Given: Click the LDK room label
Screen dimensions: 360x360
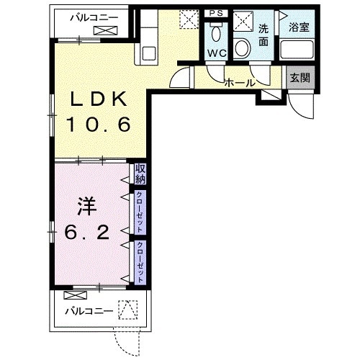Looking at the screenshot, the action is click(99, 99).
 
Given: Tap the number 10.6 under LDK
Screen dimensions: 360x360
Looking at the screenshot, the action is click(99, 125).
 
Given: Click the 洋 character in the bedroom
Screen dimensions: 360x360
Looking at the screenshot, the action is click(86, 207).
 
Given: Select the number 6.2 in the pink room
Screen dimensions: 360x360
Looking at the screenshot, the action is click(87, 233).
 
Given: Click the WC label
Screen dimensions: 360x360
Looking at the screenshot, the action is click(217, 53).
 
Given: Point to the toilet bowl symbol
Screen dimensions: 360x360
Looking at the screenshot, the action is click(216, 33).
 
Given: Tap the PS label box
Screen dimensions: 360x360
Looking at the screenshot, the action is click(216, 13).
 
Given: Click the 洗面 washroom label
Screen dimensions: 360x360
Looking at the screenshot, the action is click(264, 36).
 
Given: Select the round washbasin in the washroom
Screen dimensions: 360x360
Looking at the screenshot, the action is click(243, 48).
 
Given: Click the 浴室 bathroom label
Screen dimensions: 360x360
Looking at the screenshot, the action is click(299, 27).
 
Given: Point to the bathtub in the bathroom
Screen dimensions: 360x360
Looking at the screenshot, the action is click(297, 50).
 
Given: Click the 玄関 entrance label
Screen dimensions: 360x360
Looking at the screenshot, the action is click(300, 78).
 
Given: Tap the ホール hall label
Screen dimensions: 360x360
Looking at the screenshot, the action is click(240, 83).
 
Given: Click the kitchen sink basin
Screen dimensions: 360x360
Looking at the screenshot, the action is click(149, 53).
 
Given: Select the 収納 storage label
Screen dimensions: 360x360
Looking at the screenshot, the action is click(140, 174).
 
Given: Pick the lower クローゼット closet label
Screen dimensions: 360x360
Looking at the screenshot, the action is click(140, 262).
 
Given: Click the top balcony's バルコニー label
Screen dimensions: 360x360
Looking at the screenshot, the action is click(94, 18).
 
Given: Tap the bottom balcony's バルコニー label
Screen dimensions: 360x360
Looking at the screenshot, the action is click(89, 311).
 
